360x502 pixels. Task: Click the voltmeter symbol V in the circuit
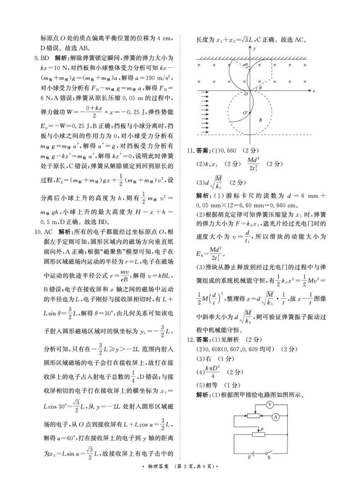tap(270, 404)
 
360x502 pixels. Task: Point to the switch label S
tap(269, 457)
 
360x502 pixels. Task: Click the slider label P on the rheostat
tap(261, 430)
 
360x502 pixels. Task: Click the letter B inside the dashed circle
tap(260, 120)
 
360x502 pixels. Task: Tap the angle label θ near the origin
tap(260, 88)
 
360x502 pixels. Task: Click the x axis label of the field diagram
tap(313, 91)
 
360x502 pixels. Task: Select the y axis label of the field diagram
tap(254, 48)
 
